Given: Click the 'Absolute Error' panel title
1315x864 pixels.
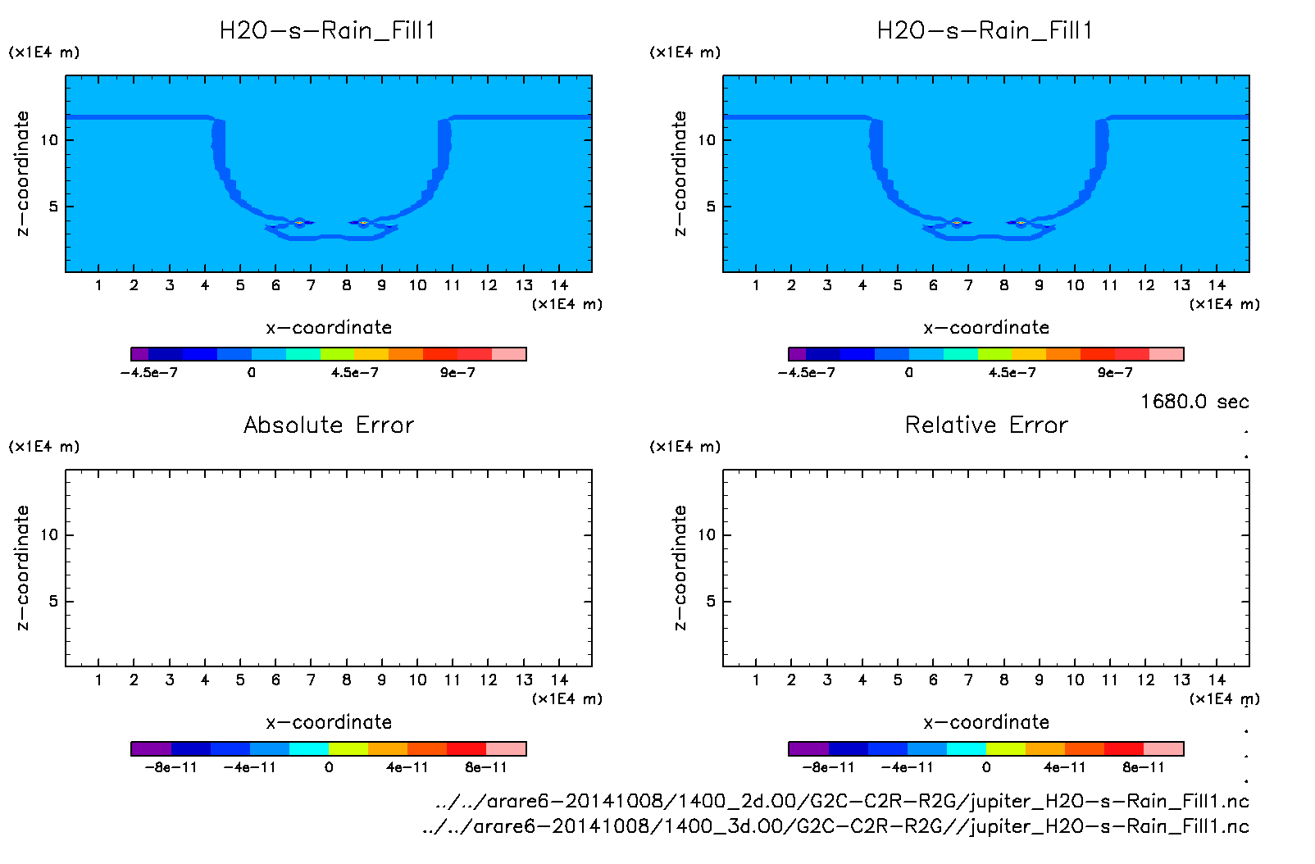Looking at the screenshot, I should tap(329, 425).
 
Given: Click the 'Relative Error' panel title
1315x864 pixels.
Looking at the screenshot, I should tap(986, 425).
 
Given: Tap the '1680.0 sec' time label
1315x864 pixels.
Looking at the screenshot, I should tap(1194, 402).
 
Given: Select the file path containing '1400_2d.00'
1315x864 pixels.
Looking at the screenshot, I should tap(842, 801).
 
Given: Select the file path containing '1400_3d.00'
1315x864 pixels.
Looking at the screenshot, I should tap(835, 825).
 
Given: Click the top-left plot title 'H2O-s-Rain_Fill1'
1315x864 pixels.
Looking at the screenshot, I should tap(328, 31).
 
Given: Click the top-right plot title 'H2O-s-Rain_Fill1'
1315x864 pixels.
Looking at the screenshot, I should tap(985, 31).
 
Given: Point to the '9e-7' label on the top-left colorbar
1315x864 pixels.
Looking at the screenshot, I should tap(457, 373).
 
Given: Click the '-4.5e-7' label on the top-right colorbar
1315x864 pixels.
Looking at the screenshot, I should tap(807, 373).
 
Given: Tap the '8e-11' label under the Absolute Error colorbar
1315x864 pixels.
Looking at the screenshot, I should tap(486, 767).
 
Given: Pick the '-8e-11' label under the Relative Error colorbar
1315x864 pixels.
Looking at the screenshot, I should tap(829, 767).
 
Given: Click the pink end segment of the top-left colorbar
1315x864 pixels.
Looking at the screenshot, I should tap(508, 354).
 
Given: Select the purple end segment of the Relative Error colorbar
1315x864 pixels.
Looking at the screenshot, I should tap(808, 748).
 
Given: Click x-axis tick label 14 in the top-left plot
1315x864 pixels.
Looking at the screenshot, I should tap(560, 285).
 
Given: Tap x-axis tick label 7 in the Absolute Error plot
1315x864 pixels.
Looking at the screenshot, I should tap(311, 680).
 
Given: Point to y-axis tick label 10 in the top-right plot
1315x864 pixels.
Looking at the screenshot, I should tap(707, 140).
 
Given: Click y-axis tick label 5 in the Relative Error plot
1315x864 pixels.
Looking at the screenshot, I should tap(711, 601).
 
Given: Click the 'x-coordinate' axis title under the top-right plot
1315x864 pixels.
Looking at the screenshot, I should tap(986, 328).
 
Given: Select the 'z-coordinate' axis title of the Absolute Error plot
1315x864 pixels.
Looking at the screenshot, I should tap(23, 567).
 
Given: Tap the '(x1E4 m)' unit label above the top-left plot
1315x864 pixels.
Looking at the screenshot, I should tap(44, 52).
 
